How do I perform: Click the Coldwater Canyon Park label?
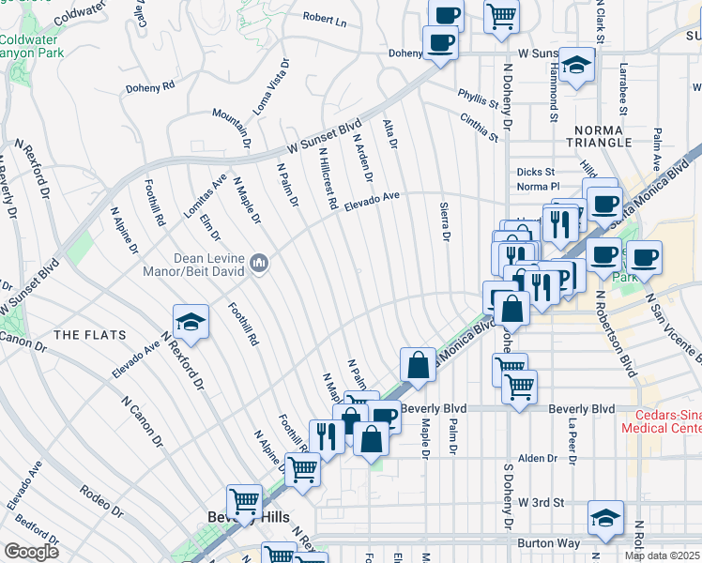coord(28,48)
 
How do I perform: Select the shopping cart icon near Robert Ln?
coord(502,16)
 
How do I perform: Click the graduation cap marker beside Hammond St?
coord(577,66)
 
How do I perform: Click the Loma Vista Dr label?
coord(273,89)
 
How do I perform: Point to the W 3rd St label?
coord(542,503)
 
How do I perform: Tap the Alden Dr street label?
coord(538,458)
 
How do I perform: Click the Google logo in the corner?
coord(31,552)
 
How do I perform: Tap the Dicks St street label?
coord(536,172)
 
